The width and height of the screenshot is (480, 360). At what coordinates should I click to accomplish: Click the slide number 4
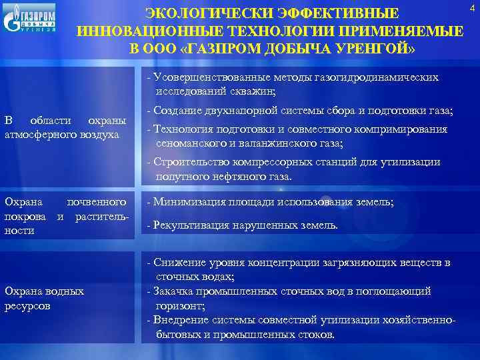click(473, 7)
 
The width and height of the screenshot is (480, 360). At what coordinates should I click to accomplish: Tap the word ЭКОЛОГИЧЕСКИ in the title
click(201, 14)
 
